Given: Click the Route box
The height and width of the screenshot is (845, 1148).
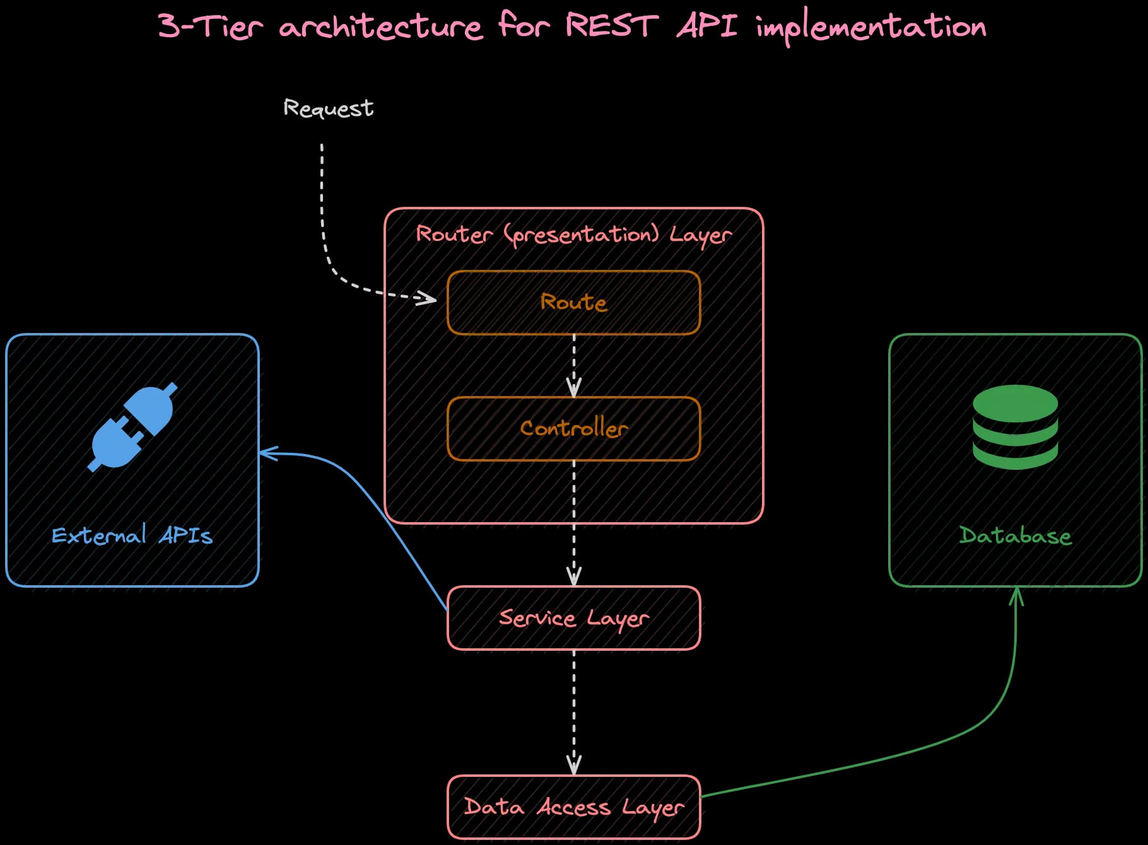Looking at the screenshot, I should click(573, 303).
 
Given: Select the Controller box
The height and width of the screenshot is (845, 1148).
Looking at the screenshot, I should click(573, 429).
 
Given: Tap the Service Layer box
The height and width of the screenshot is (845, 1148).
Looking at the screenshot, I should click(573, 618).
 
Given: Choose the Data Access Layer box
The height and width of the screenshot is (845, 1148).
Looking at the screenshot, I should click(573, 807).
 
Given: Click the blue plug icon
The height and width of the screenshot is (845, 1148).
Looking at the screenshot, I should click(132, 427).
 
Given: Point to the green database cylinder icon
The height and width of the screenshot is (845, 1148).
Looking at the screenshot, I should click(1015, 427).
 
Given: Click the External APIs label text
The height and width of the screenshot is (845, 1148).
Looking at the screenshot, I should click(132, 536).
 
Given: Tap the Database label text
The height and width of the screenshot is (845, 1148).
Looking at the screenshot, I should click(1015, 536).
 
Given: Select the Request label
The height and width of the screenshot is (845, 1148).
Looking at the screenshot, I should click(328, 108).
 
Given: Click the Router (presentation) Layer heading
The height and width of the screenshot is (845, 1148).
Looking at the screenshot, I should click(573, 235).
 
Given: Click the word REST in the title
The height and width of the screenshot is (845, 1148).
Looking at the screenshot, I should click(611, 26).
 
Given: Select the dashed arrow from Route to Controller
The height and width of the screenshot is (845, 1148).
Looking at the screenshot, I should click(573, 366).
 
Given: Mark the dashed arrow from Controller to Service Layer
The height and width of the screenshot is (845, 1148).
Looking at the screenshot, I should click(573, 523).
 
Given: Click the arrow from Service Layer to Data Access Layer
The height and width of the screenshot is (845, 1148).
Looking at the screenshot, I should click(573, 713).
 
